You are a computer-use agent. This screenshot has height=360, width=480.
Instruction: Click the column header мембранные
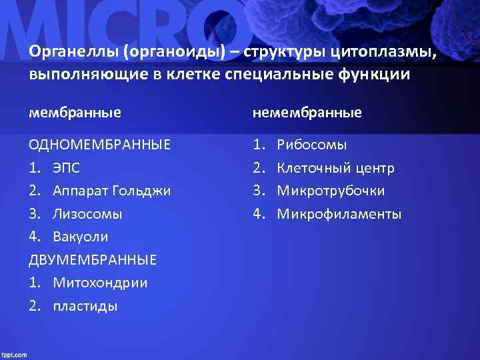click(x=75, y=113)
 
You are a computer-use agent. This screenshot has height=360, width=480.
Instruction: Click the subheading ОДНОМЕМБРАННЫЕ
click(x=99, y=145)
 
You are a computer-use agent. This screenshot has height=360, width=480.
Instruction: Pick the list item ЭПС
click(x=67, y=168)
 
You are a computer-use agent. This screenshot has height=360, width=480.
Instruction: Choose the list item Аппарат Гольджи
click(x=111, y=191)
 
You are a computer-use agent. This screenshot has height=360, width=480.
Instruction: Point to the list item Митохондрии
click(x=100, y=283)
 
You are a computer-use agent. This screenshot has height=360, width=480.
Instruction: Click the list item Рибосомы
click(x=312, y=145)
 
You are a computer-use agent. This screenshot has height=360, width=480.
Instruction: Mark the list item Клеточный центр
click(x=335, y=168)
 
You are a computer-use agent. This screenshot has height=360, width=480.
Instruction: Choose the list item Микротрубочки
click(x=331, y=191)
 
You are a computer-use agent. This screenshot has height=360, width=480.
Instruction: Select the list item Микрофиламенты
click(x=339, y=214)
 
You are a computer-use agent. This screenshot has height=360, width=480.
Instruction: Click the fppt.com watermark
click(x=14, y=355)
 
